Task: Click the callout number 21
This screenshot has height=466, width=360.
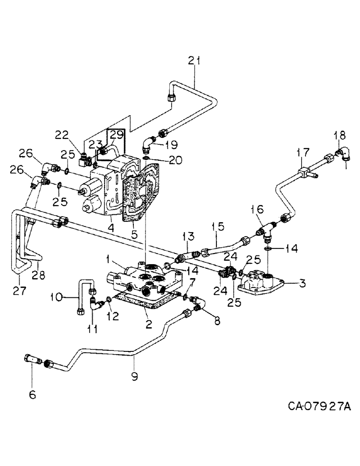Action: [194, 60]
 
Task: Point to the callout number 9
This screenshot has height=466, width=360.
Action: [135, 376]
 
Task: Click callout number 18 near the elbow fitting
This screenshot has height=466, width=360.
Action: [339, 135]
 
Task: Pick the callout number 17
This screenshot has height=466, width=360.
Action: [304, 152]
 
